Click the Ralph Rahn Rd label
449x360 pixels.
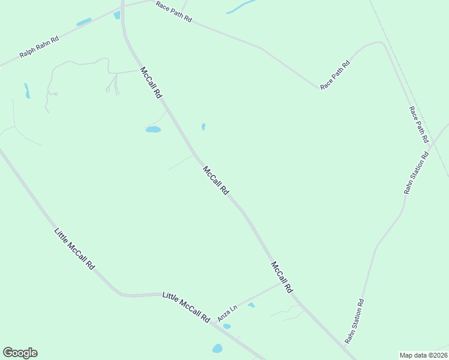coord(39,47)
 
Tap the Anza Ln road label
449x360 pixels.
coord(229,313)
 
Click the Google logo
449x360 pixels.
coord(20,353)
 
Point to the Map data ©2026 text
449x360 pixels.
coord(423,355)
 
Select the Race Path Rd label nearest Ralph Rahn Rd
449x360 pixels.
coord(173,12)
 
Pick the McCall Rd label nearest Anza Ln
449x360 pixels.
coord(282,277)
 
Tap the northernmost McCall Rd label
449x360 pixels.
coord(151,83)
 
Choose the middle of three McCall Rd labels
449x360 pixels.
coord(216,180)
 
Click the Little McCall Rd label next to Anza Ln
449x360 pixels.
coord(186,307)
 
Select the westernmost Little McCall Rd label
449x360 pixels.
coord(74,248)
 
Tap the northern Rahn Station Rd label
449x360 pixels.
coord(417,173)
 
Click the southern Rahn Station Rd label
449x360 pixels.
coord(355,322)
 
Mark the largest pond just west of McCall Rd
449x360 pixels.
coord(153,129)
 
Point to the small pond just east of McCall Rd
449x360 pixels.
coord(203,127)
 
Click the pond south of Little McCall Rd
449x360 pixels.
coord(217,349)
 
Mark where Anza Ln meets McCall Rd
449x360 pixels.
coord(282,283)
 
